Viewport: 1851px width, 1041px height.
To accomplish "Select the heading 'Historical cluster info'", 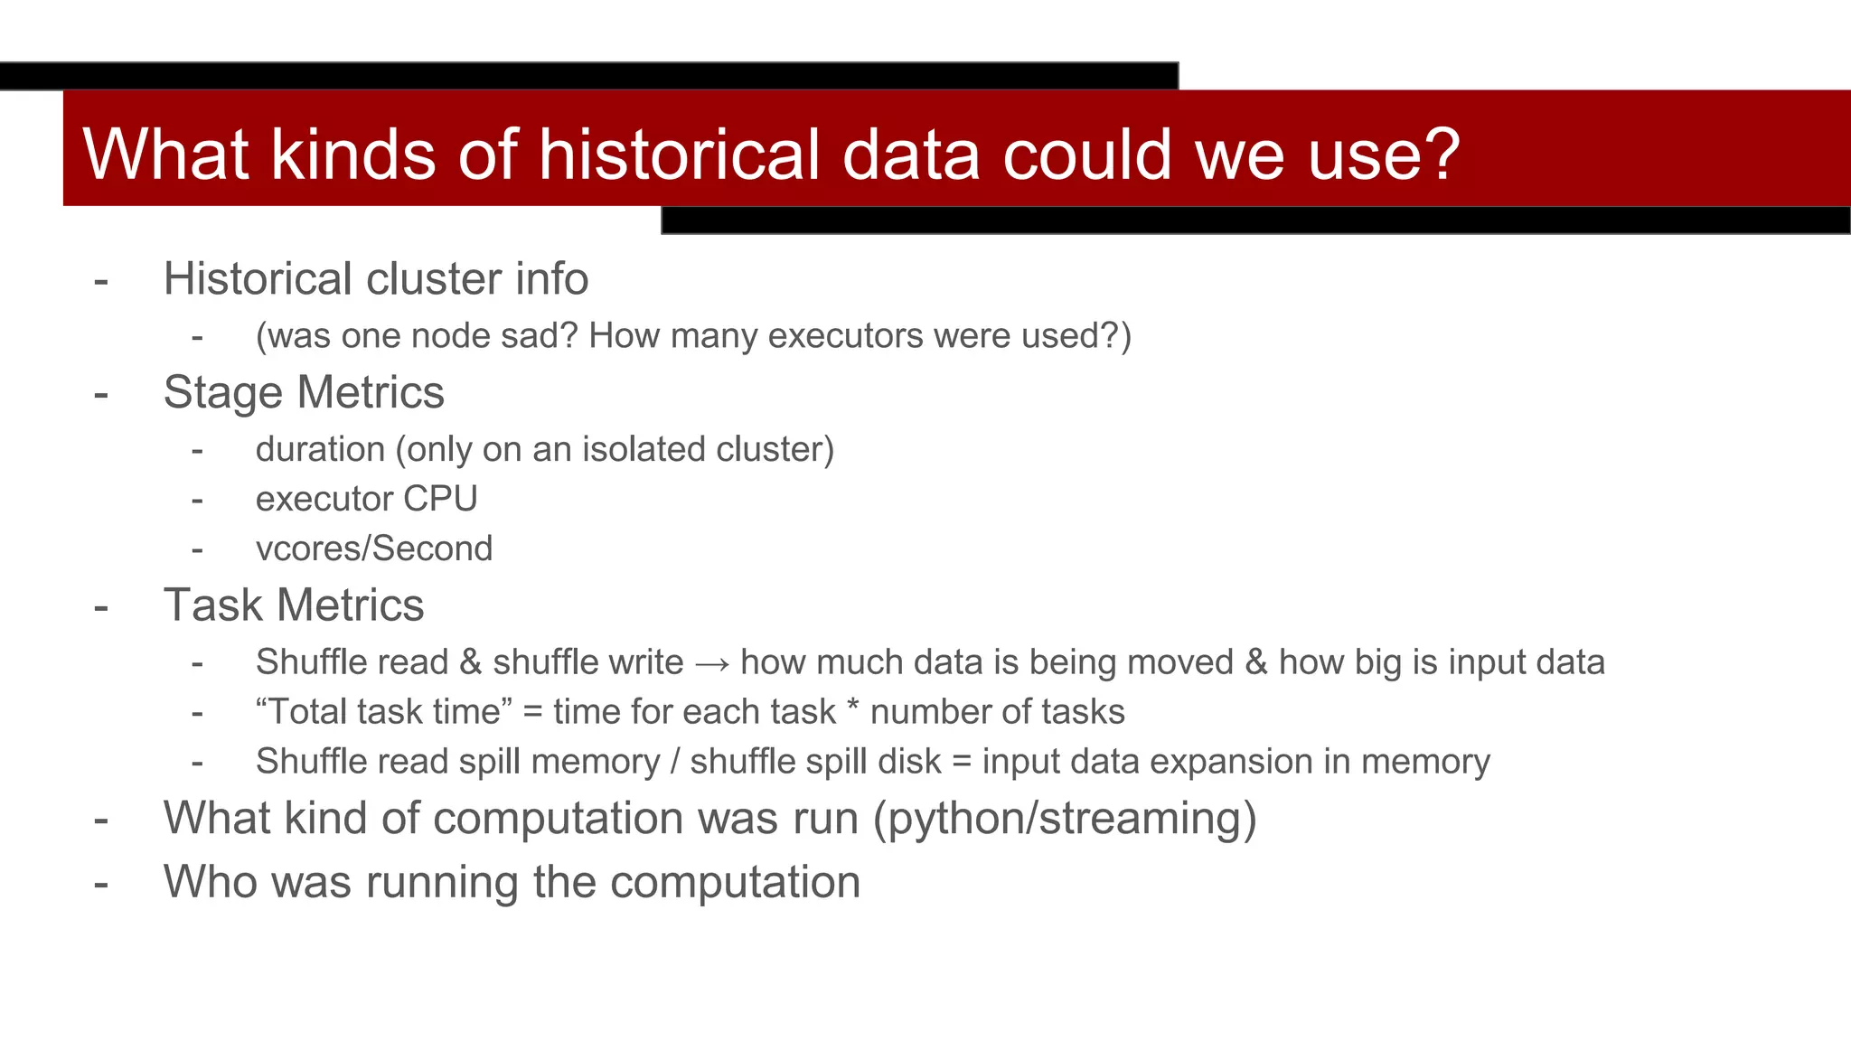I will coord(376,278).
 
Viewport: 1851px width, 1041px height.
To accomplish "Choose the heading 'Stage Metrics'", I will coord(304,392).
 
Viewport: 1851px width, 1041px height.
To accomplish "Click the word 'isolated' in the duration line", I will coord(644,449).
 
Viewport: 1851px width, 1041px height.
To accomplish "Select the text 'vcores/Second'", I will coord(374,549).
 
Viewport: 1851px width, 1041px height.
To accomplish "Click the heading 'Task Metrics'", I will coord(294,605).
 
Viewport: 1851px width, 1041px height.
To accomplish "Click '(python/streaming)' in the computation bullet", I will coord(1065,819).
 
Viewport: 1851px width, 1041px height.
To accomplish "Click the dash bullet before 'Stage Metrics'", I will coord(101,394).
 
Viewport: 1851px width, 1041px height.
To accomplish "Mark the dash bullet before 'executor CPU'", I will coord(197,500).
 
